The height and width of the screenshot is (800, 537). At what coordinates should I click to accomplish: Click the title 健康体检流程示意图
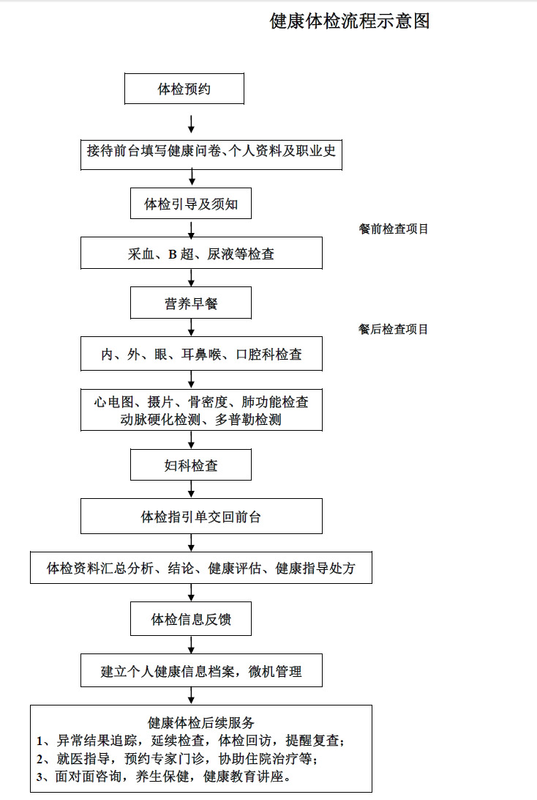[x=350, y=21]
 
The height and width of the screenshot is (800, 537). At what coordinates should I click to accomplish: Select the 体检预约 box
[x=184, y=89]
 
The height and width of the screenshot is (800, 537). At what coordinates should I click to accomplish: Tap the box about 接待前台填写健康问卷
[x=211, y=154]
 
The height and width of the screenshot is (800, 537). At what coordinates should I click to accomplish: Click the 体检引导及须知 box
[x=191, y=204]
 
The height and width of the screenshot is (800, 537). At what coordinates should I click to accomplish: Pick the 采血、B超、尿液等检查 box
[x=201, y=253]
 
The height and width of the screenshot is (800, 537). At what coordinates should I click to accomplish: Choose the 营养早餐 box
[x=191, y=303]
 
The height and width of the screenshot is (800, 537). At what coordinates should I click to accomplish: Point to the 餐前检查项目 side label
[x=394, y=229]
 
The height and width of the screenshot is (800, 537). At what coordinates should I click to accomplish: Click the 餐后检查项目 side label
[x=394, y=330]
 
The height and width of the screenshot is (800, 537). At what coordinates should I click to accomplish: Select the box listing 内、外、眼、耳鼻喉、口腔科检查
[x=201, y=354]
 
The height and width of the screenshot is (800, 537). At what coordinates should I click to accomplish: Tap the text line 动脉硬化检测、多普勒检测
[x=200, y=420]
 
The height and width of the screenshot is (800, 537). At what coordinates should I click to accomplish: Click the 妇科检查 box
[x=191, y=464]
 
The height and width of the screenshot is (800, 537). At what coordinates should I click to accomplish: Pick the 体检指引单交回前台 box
[x=201, y=516]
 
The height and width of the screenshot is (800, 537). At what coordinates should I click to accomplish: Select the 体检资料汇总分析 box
[x=201, y=567]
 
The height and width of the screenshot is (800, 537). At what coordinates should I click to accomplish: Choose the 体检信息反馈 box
[x=191, y=619]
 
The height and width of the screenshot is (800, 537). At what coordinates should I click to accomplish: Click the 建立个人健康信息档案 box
[x=201, y=670]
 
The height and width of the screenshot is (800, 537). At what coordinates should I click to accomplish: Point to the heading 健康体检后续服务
[x=201, y=722]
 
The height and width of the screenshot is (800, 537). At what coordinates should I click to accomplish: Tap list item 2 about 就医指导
[x=177, y=759]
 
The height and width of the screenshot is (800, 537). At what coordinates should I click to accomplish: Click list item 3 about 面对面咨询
[x=164, y=777]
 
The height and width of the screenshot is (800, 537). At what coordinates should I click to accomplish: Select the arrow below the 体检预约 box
[x=192, y=125]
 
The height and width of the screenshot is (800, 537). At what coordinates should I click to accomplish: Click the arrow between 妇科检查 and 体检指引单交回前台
[x=192, y=489]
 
